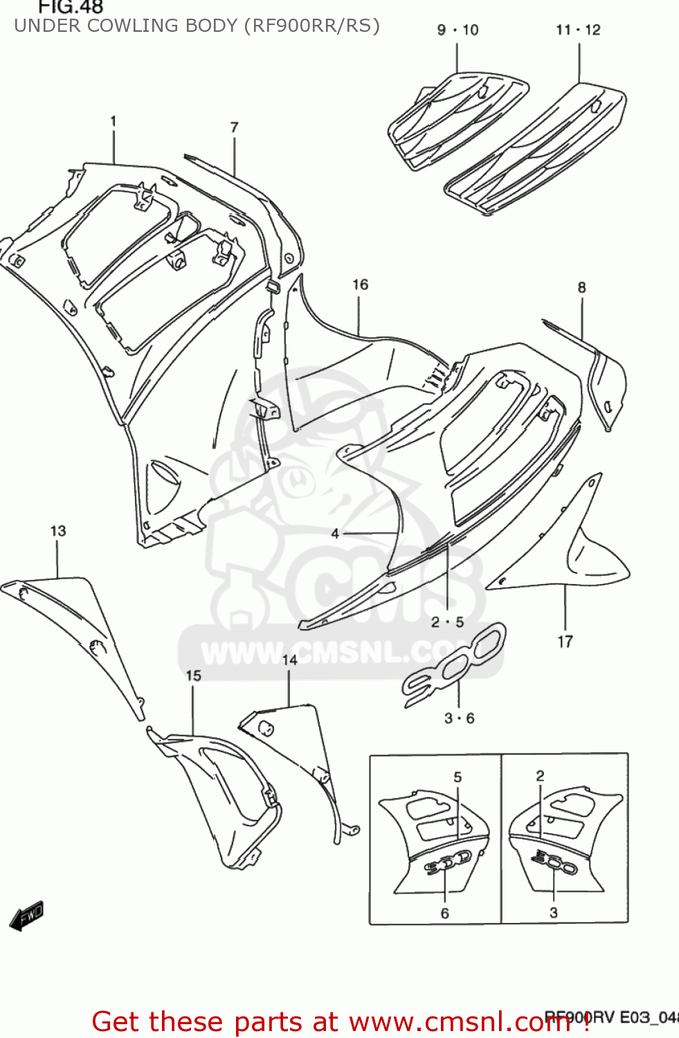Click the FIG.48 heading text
point(70,8)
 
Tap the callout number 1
point(114,121)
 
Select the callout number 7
point(234,127)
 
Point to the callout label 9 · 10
point(458,30)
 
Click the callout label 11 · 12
point(578,30)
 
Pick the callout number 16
point(360,284)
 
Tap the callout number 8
point(581,287)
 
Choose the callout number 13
point(58,531)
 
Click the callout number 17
point(565,641)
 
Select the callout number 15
point(193,675)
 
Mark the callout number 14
point(289,660)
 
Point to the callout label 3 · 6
point(459,718)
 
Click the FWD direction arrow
point(27,916)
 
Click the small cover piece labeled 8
point(607,388)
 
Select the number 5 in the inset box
point(458,777)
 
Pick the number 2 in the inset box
point(540,776)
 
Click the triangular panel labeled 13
point(76,623)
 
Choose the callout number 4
point(335,533)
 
